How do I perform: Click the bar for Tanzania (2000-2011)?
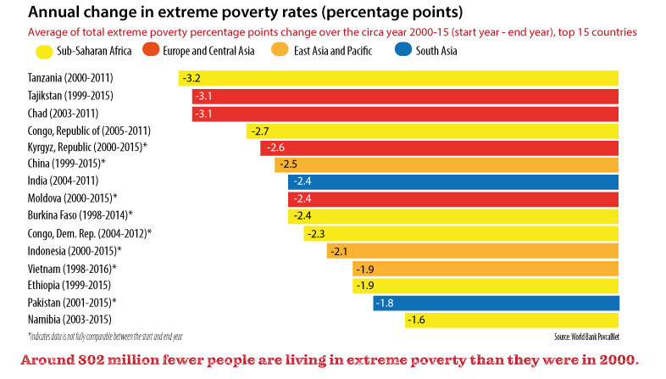398,79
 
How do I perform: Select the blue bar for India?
453,181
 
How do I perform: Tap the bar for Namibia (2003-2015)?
511,320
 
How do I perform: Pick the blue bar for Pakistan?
496,303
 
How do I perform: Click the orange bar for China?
447,164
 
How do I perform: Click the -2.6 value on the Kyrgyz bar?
275,148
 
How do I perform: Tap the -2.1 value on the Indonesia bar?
340,251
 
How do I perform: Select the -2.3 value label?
316,233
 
